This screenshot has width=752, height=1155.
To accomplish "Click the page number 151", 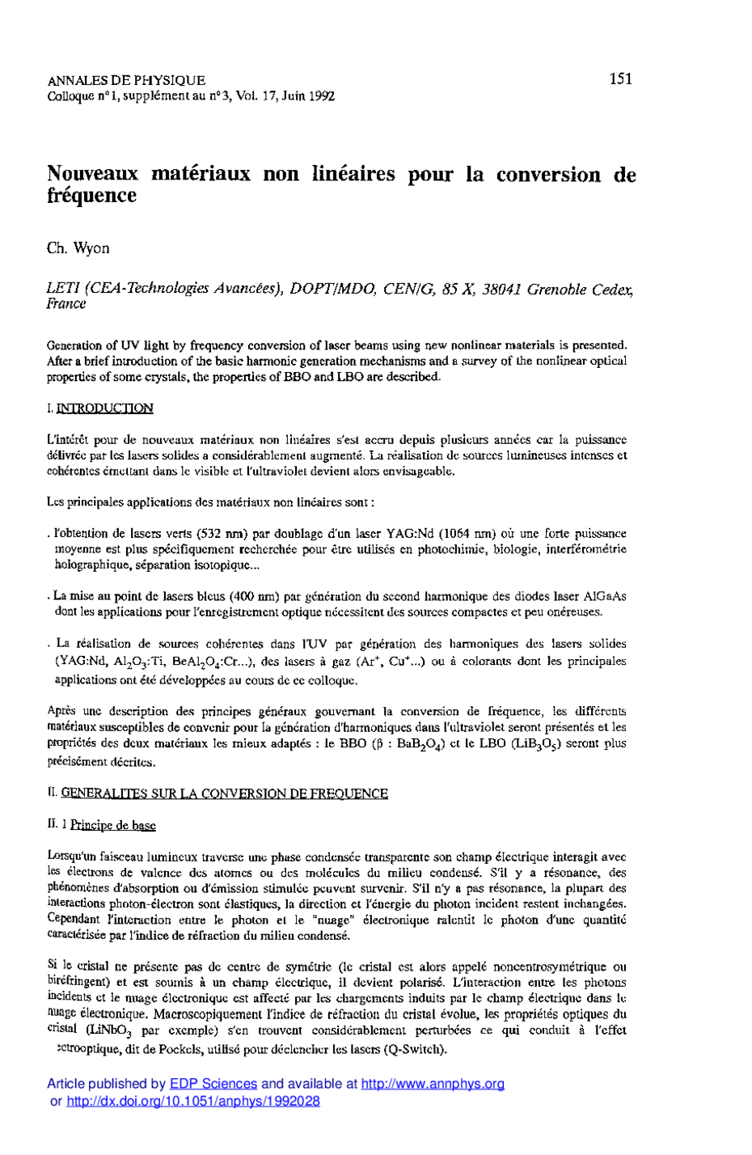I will tap(621, 78).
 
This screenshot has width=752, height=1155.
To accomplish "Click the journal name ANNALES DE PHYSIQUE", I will tap(126, 81).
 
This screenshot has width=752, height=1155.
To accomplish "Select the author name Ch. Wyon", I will tap(78, 248).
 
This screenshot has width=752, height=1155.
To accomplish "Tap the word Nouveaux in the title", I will tap(93, 174).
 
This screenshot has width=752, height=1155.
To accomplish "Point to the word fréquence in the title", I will tap(91, 196).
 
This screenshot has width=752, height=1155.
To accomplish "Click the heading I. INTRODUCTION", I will tap(100, 408).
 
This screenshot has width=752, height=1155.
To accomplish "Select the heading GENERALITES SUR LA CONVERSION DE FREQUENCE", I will tap(225, 793).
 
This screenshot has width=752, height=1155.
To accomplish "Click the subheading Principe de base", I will tap(112, 825).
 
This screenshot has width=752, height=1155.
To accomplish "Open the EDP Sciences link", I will tap(213, 1084).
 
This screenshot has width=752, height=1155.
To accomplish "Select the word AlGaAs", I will tap(605, 596).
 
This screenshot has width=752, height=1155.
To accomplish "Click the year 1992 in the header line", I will tap(319, 96).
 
